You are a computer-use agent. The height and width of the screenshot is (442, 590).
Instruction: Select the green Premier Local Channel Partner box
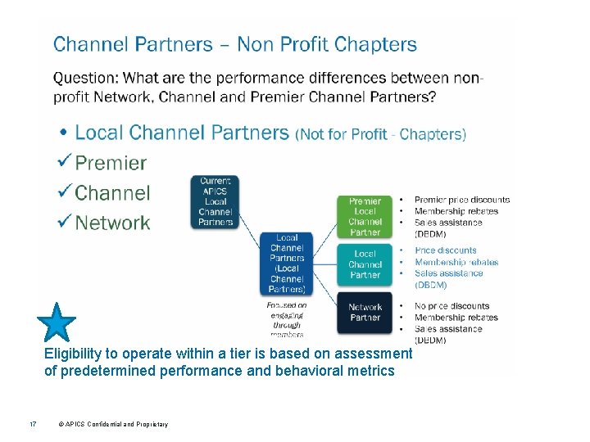pos(365,216)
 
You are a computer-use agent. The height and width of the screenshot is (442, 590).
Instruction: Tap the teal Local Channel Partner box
pos(365,264)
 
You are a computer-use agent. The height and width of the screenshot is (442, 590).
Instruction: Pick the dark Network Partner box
pos(365,312)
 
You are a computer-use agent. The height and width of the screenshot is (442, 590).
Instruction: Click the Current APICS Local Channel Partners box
pos(216,201)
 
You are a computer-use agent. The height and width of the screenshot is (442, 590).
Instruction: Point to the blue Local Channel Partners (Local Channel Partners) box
pos(286,263)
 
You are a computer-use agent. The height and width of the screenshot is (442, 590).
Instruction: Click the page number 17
pos(29,424)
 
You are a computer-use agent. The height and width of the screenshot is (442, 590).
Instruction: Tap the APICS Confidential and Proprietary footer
pos(113,424)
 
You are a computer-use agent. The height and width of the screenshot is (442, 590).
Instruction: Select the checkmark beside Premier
pos(65,163)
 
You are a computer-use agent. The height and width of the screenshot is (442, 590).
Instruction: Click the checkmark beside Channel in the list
pos(65,193)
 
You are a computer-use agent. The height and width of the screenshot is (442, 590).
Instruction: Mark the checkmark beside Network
pos(65,223)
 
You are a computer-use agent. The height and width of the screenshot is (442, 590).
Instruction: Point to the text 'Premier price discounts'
pos(461,200)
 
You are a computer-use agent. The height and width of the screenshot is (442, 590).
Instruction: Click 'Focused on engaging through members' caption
pos(287,319)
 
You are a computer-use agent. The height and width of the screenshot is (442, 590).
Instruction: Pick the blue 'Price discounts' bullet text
pos(445,250)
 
